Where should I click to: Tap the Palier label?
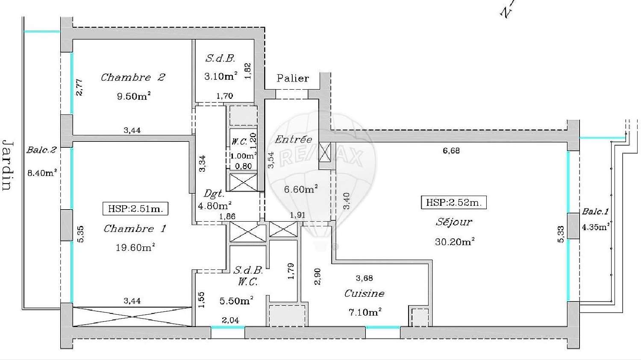click(293, 78)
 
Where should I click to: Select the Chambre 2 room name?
click(133, 77)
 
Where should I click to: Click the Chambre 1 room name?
click(135, 228)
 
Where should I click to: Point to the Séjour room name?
click(454, 222)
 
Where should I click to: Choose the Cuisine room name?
click(364, 293)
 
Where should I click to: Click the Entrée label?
click(293, 139)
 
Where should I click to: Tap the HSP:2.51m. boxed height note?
click(135, 209)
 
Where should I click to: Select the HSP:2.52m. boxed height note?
click(454, 202)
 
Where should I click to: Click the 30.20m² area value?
click(454, 242)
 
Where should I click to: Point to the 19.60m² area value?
click(135, 247)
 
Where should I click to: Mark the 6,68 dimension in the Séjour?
click(451, 150)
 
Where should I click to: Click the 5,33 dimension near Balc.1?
click(561, 234)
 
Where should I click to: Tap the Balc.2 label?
click(41, 150)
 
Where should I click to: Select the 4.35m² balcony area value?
click(595, 227)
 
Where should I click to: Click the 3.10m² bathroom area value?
click(221, 76)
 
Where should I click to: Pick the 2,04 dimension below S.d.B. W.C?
click(230, 320)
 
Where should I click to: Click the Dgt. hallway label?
click(213, 194)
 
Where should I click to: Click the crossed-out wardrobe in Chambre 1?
click(132, 316)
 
